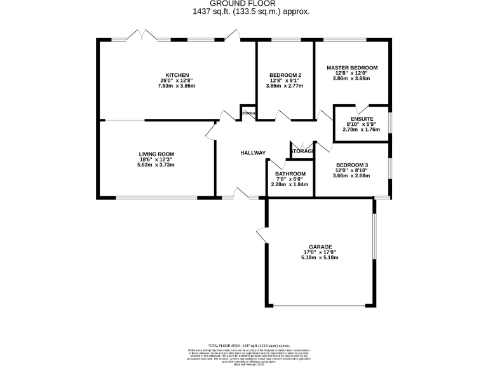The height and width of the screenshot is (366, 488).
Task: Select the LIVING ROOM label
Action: pos(156,154)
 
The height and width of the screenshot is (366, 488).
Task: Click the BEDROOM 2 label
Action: pos(285,75)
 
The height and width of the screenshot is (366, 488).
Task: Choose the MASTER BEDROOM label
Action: pos(352,67)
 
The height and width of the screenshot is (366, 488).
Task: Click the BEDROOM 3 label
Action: pos(352,165)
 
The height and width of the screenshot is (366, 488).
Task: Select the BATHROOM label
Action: pos(290,173)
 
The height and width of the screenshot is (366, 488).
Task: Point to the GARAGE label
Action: pos(321,247)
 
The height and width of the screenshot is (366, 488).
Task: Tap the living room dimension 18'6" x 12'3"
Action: pos(156,159)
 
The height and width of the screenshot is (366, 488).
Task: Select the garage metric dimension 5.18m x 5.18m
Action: pos(321,257)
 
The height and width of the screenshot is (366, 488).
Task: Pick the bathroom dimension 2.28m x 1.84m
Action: pos(290,184)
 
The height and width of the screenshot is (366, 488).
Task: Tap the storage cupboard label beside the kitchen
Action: pos(248,114)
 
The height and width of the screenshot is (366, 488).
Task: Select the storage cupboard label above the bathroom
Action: pos(302,151)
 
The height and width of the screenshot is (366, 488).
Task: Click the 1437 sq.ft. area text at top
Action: pos(251,11)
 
